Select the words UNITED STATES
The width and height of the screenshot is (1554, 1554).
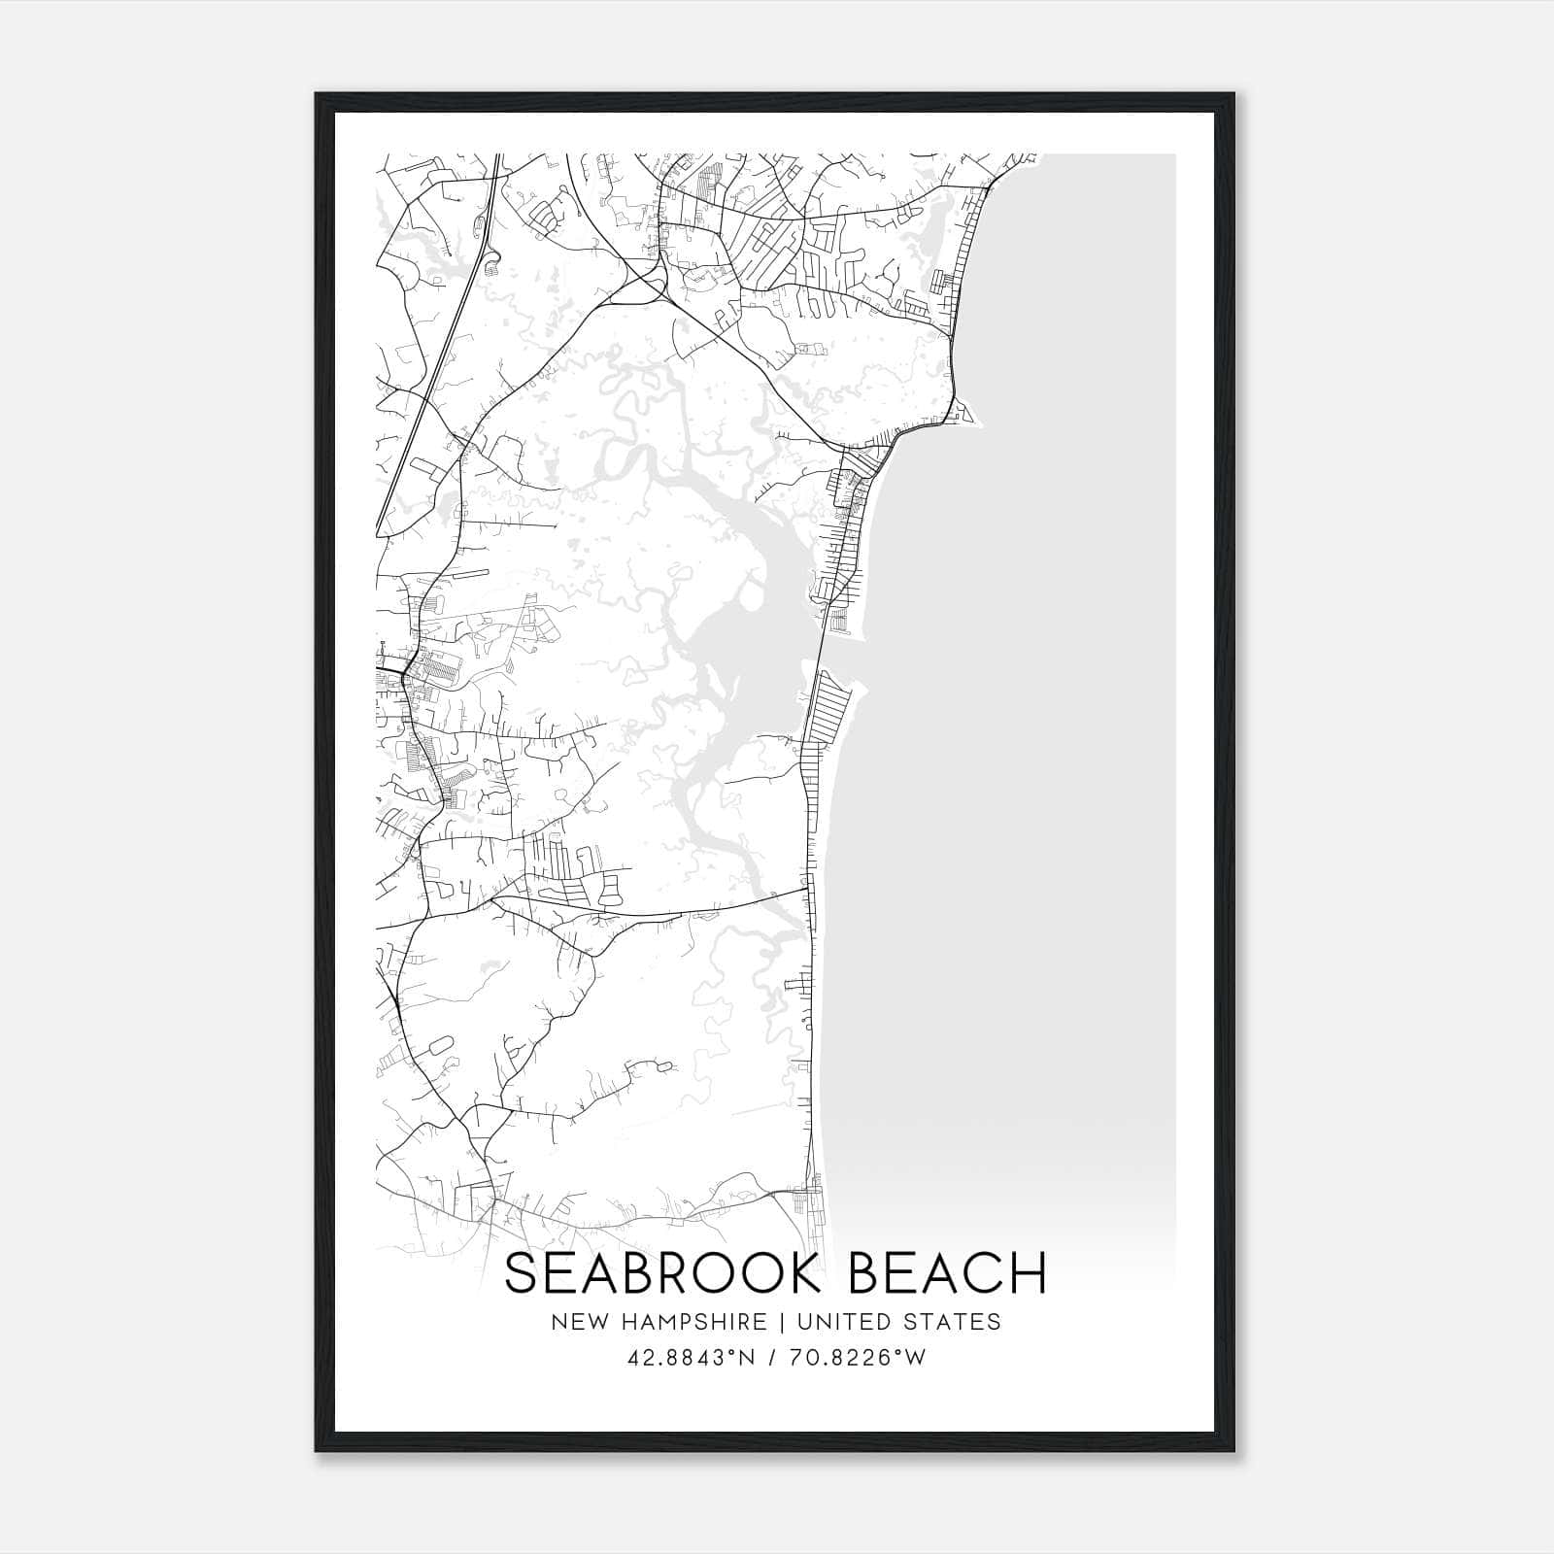pyautogui.click(x=898, y=1322)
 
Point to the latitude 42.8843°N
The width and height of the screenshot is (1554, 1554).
pyautogui.click(x=691, y=1358)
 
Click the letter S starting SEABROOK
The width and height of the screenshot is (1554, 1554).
pyautogui.click(x=520, y=1273)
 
